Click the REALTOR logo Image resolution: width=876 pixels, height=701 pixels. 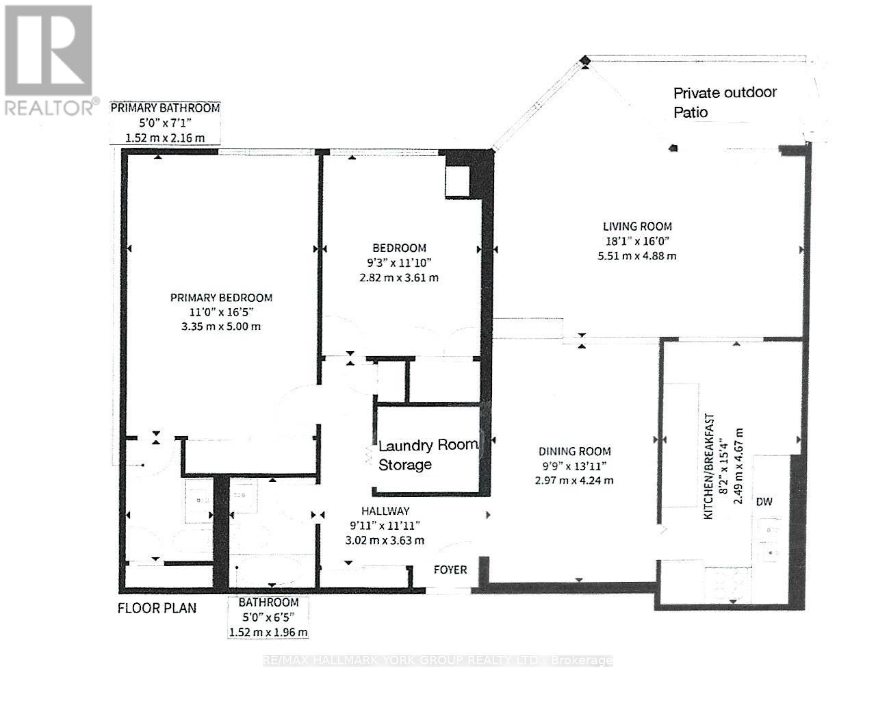49,59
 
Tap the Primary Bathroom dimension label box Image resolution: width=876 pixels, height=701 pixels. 166,123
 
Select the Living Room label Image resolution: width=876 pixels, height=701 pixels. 637,226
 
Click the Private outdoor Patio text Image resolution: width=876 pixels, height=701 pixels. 725,102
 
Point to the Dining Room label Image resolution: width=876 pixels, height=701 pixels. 574,451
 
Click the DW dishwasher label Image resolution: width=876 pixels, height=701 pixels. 764,502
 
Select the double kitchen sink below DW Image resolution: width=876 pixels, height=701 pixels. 773,540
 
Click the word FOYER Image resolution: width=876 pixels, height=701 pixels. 450,570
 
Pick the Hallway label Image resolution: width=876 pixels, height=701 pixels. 385,511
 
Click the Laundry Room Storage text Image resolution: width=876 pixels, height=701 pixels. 427,455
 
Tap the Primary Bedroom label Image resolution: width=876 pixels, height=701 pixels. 221,298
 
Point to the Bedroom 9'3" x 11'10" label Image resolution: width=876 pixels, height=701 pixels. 399,262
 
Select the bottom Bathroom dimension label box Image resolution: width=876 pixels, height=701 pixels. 268,617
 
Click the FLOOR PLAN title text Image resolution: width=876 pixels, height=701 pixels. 157,607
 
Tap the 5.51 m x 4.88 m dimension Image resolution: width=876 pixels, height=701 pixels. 636,256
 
